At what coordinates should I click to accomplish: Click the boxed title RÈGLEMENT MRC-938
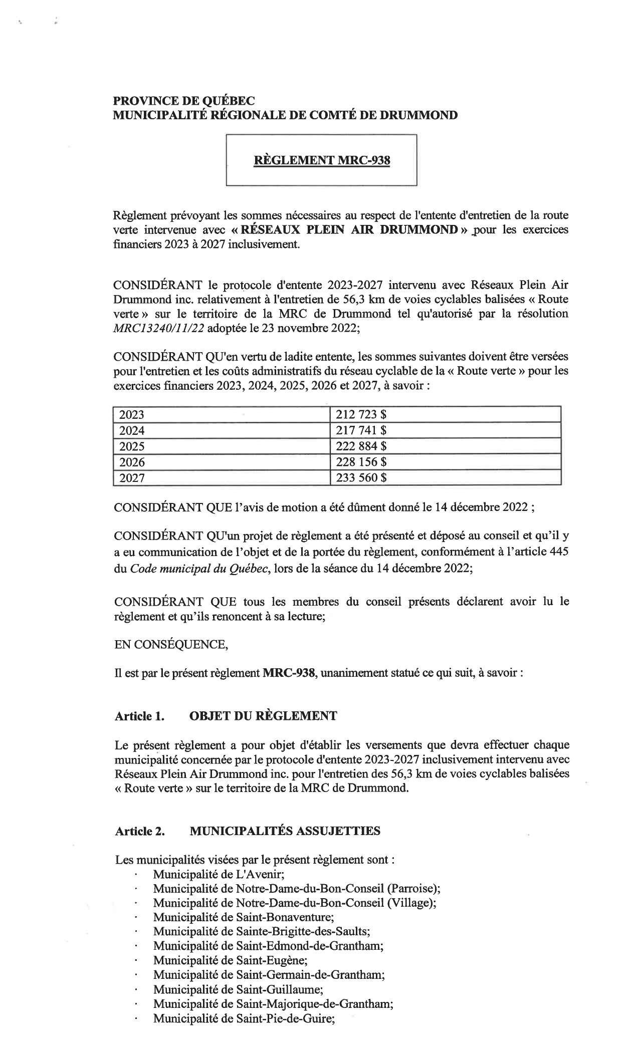point(322,160)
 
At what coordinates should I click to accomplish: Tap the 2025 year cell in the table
point(132,446)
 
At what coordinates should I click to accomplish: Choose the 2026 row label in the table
point(132,462)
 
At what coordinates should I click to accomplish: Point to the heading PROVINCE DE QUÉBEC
point(184,101)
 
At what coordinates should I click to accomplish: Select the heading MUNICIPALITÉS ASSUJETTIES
point(285,831)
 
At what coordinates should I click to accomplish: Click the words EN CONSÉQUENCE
point(171,644)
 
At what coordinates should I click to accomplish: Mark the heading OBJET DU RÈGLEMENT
point(263,716)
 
